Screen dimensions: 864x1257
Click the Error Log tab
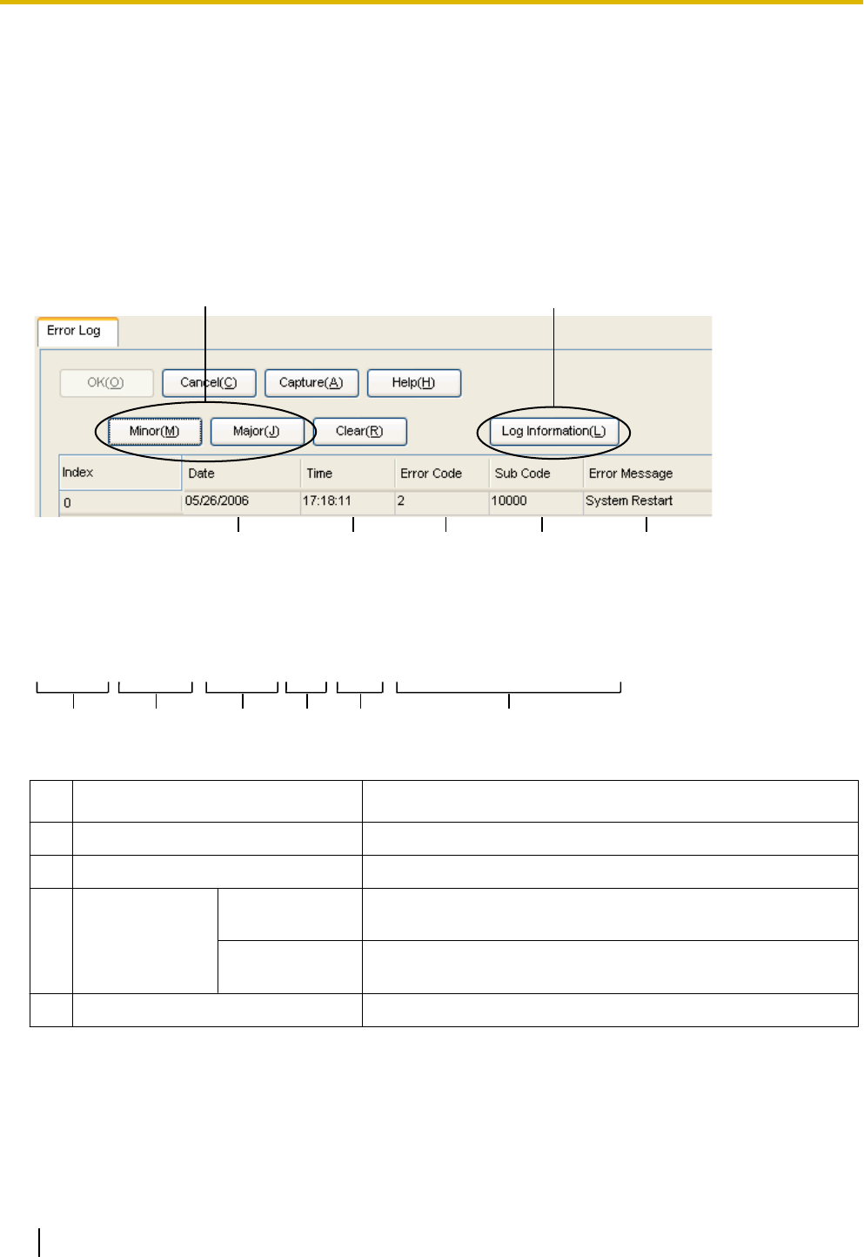pyautogui.click(x=74, y=331)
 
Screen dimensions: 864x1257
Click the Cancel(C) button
pyautogui.click(x=209, y=382)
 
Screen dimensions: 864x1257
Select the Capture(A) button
pyautogui.click(x=311, y=382)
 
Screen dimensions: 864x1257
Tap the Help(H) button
pyautogui.click(x=413, y=382)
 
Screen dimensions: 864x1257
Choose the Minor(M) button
pyautogui.click(x=155, y=431)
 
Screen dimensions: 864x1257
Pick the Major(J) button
pyautogui.click(x=257, y=431)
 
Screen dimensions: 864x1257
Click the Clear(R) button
pyautogui.click(x=359, y=431)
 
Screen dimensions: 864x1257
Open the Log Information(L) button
pyautogui.click(x=553, y=431)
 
